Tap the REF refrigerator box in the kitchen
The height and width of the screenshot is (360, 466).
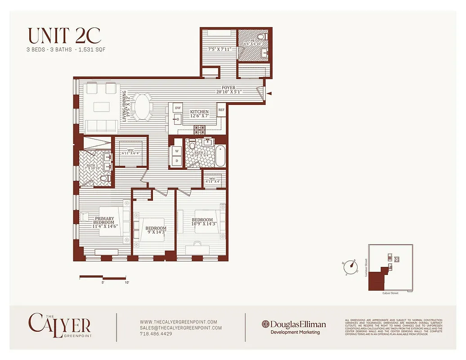(x=221, y=110)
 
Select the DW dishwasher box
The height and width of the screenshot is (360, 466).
(x=178, y=108)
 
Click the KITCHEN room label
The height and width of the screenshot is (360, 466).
(x=199, y=112)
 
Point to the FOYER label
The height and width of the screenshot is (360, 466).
(x=229, y=88)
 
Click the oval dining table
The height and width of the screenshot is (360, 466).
(x=144, y=107)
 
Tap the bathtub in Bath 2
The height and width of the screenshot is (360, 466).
(x=220, y=156)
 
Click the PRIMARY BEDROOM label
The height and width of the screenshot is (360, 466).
(x=104, y=220)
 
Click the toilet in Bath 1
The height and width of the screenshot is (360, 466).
(x=105, y=179)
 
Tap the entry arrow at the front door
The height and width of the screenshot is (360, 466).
(x=269, y=94)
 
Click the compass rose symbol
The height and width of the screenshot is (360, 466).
(x=350, y=266)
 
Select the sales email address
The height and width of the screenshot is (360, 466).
(x=181, y=328)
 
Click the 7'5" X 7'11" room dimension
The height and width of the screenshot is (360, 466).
(x=220, y=49)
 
